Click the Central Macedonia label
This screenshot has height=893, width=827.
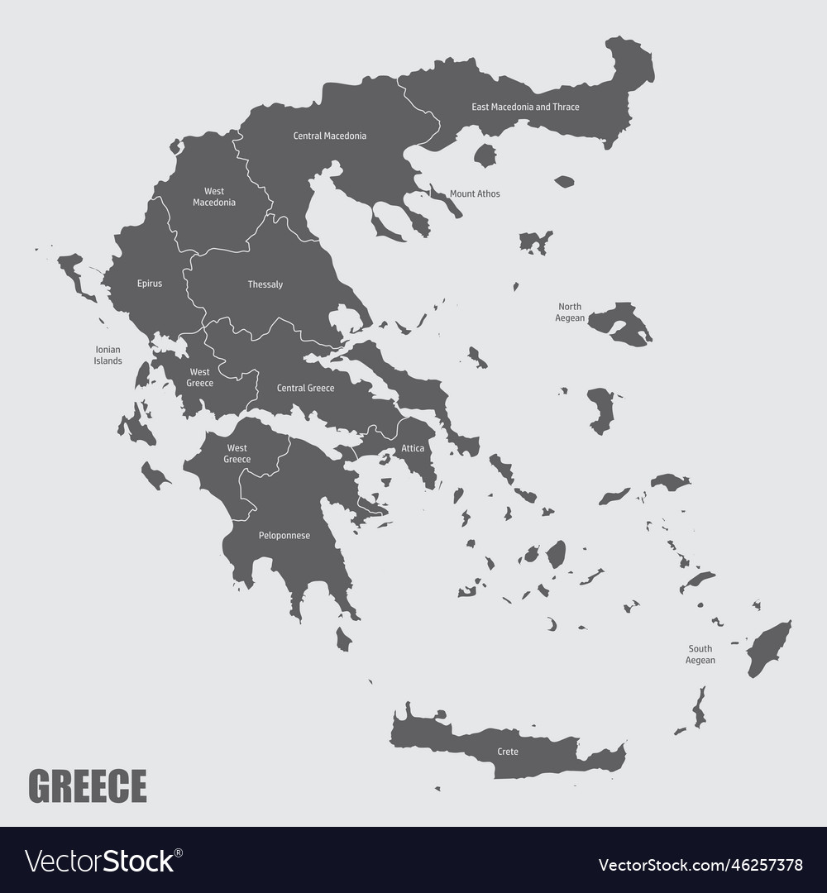tap(330, 136)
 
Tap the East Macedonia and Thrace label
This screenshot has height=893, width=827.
tap(525, 107)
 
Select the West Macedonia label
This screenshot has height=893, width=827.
tap(214, 197)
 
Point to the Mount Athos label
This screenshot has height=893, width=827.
tap(475, 194)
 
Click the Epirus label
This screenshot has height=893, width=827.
tap(150, 284)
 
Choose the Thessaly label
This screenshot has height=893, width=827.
tap(265, 284)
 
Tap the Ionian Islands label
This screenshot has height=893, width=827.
tap(108, 356)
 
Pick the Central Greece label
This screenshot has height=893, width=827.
tap(305, 388)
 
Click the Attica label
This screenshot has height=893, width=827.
tap(413, 448)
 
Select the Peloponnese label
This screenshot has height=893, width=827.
tap(284, 536)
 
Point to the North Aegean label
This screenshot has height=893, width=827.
tap(571, 312)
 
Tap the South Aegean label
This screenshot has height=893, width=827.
tap(700, 654)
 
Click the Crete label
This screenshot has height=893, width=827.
tap(508, 752)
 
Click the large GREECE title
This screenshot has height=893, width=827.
tap(88, 786)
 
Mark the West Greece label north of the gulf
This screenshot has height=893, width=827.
tap(200, 378)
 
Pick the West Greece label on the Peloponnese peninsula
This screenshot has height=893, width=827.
tap(237, 454)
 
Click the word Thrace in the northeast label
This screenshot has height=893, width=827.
tap(566, 107)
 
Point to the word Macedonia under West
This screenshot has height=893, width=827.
tap(214, 203)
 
